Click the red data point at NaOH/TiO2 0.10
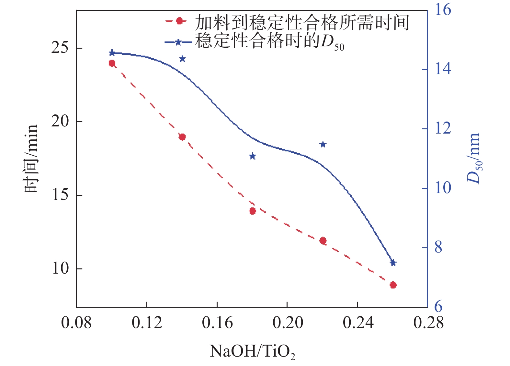point(112,63)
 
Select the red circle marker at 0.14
point(182,137)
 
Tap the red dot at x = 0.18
point(253,211)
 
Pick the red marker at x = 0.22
point(323,241)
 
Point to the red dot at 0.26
point(393,285)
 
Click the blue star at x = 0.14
point(182,59)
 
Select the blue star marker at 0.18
point(253,156)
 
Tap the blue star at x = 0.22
point(323,144)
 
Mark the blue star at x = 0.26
point(393,263)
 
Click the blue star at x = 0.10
point(112,53)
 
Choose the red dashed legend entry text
point(302,22)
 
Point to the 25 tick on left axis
point(60,48)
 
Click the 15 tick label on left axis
point(60,195)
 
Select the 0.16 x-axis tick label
point(217,323)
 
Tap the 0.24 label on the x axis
point(358,323)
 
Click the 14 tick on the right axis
point(443,69)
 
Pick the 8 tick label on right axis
point(438,248)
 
